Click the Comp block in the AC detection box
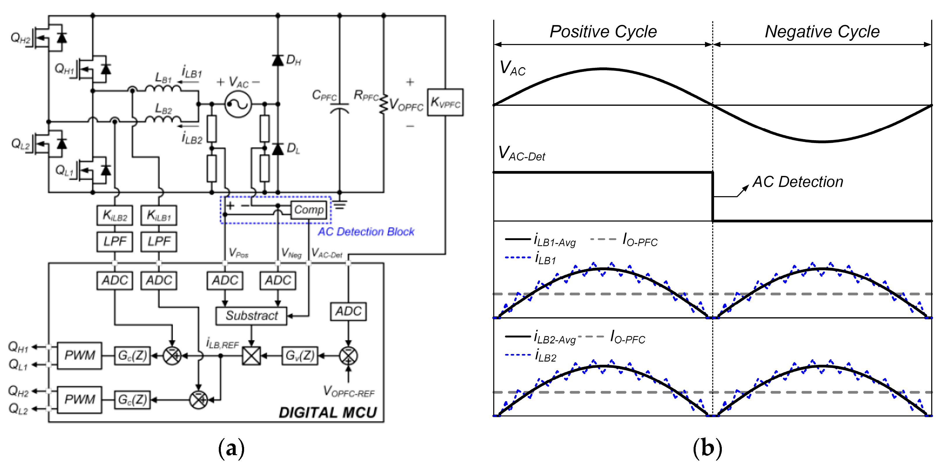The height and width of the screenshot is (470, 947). pyautogui.click(x=308, y=210)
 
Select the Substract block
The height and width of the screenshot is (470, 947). pyautogui.click(x=251, y=316)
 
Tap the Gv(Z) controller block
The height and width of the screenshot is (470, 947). pyautogui.click(x=300, y=355)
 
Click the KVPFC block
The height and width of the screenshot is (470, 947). pyautogui.click(x=445, y=102)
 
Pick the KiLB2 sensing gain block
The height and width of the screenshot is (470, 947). pyautogui.click(x=115, y=215)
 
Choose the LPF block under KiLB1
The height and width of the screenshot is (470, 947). pyautogui.click(x=159, y=242)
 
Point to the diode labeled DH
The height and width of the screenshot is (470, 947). pyautogui.click(x=278, y=60)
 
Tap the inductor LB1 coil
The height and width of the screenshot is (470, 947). pyautogui.click(x=163, y=88)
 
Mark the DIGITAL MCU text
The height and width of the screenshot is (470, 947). pyautogui.click(x=328, y=413)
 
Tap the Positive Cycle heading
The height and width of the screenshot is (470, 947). pyautogui.click(x=603, y=32)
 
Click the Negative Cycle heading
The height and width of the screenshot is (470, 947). pyautogui.click(x=822, y=32)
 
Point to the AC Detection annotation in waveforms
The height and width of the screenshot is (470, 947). pyautogui.click(x=797, y=182)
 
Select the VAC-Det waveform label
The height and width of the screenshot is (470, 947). pyautogui.click(x=521, y=153)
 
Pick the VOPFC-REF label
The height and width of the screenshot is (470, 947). pyautogui.click(x=349, y=392)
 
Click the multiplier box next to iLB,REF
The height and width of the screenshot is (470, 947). pyautogui.click(x=251, y=355)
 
